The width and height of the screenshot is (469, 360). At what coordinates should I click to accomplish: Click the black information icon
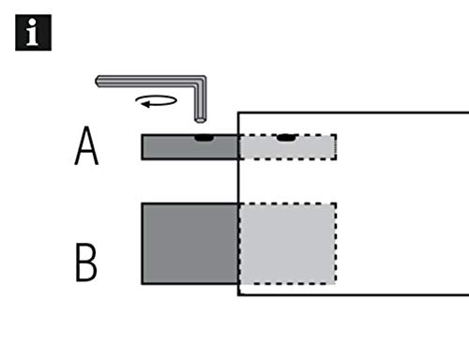tap(33, 33)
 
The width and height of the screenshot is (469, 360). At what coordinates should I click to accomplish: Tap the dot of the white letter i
tap(32, 22)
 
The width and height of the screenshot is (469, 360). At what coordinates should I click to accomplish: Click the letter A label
tap(86, 145)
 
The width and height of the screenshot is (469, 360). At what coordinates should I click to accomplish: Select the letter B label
tap(86, 262)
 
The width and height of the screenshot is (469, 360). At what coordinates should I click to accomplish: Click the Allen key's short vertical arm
tap(200, 101)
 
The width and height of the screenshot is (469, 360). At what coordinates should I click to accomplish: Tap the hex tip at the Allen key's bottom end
tap(200, 120)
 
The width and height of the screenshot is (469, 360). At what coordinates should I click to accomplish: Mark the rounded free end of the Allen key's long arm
tap(98, 82)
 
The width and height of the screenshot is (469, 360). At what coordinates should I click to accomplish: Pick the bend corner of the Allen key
tap(201, 81)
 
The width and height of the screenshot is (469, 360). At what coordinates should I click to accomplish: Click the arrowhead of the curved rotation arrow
tap(145, 104)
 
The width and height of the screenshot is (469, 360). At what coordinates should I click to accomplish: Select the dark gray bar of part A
tap(189, 147)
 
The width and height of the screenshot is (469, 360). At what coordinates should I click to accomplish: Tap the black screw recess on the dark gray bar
tap(204, 138)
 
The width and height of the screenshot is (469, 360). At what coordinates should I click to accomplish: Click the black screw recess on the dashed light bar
tap(287, 138)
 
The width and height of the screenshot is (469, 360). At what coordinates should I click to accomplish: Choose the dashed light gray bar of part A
tap(288, 147)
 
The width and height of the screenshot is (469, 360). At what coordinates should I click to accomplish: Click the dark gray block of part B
tap(189, 244)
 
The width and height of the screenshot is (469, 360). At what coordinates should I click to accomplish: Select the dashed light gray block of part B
tap(288, 244)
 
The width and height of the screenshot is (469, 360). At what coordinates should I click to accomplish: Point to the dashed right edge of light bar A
tap(336, 147)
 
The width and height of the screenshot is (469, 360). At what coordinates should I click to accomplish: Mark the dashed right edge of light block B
tap(336, 244)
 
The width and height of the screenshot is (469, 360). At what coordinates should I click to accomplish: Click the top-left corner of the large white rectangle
tap(238, 112)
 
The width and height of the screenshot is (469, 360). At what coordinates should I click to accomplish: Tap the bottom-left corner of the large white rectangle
tap(238, 294)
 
